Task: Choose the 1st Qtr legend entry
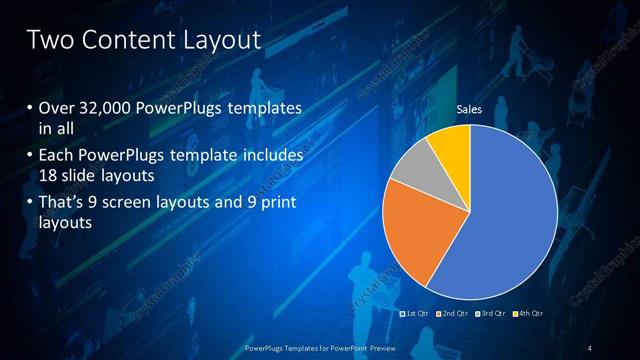click(x=416, y=314)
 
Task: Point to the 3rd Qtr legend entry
click(x=491, y=314)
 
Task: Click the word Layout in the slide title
click(x=221, y=40)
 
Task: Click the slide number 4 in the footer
click(x=590, y=347)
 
